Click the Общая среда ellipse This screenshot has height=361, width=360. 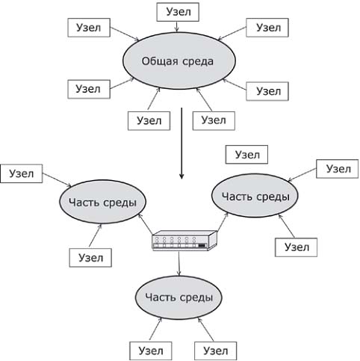tap(179, 61)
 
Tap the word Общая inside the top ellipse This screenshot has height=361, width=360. tap(160, 61)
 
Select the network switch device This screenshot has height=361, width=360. tap(184, 241)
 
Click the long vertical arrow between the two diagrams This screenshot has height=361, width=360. tap(181, 144)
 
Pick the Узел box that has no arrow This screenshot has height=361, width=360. tap(246, 155)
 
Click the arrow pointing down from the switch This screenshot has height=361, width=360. tap(179, 263)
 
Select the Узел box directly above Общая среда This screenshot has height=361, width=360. tap(178, 12)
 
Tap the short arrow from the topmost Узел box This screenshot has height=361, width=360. tap(177, 27)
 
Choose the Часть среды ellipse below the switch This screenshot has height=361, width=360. tap(179, 297)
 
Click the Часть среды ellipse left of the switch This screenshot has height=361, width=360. tap(102, 202)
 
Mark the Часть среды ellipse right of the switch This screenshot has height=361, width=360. tap(255, 196)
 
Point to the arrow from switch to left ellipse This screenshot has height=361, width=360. tap(146, 224)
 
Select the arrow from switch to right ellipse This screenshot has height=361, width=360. tap(223, 222)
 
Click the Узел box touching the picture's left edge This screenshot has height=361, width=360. tap(22, 173)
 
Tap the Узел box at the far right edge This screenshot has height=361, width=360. tap(338, 169)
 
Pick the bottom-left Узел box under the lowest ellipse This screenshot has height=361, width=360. tap(151, 351)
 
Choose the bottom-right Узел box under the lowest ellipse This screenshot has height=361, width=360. tap(216, 351)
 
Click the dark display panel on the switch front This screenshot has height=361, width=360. tap(202, 246)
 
